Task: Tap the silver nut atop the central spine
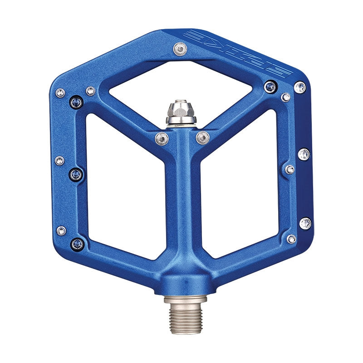coord(181,112)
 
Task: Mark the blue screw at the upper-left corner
coord(76,103)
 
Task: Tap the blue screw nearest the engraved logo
coord(270,86)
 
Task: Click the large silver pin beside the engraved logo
coord(299,87)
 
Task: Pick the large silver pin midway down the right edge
coord(304,154)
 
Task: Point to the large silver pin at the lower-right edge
coord(305,223)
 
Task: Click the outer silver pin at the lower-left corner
coord(61,231)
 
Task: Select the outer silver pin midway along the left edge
coord(59,160)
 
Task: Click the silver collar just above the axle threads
coord(185,299)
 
